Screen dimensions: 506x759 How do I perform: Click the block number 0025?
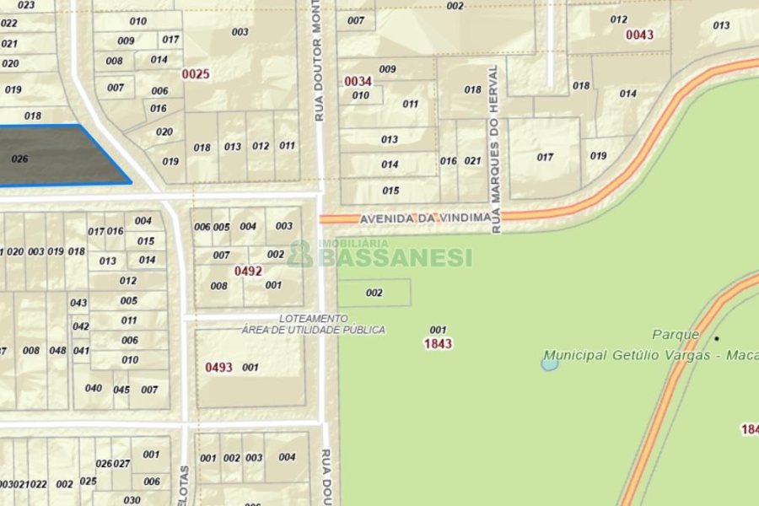196,74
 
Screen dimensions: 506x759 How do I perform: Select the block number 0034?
358,81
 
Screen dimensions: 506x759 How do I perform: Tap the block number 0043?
639,35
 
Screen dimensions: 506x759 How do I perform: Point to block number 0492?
248,272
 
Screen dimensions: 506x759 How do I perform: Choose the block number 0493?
218,368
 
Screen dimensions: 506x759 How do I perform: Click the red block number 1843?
438,344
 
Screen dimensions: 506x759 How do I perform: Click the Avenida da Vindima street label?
425,218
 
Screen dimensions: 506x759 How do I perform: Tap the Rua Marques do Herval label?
496,148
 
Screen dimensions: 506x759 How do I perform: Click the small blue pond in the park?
550,363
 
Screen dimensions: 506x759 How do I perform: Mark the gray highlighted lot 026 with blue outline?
59,156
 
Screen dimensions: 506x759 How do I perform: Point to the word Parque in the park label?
676,335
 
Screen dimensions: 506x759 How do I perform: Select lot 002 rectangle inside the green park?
374,293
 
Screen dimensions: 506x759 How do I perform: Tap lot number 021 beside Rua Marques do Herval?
473,161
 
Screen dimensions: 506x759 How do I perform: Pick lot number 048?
57,351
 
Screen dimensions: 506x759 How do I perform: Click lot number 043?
78,303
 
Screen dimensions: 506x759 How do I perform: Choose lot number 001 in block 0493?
250,368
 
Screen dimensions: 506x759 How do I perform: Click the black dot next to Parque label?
717,338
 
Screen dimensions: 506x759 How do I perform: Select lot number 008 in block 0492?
218,286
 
